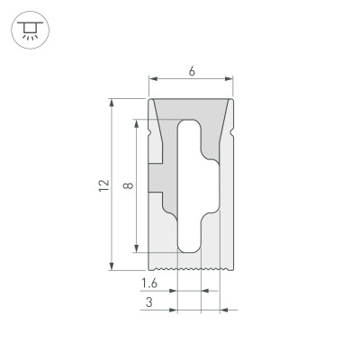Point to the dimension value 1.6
[152, 283]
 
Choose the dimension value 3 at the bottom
[148, 304]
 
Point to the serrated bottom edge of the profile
[190, 267]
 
